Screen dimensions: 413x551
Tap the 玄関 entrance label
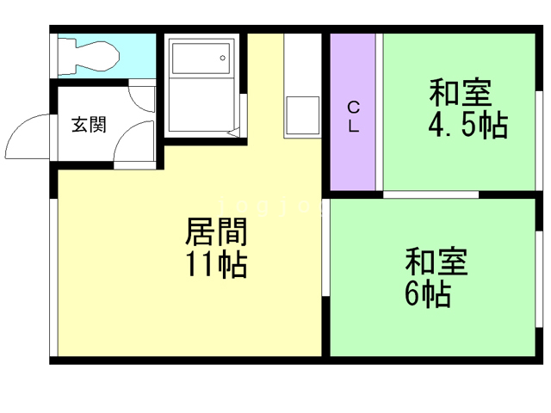(89, 125)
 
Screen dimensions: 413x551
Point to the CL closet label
(353, 115)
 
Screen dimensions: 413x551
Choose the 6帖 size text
(426, 293)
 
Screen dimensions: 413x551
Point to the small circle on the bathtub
(222, 59)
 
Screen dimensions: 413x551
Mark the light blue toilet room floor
(138, 56)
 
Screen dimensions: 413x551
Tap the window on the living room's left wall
(54, 275)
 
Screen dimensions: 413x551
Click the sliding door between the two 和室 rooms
(430, 195)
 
